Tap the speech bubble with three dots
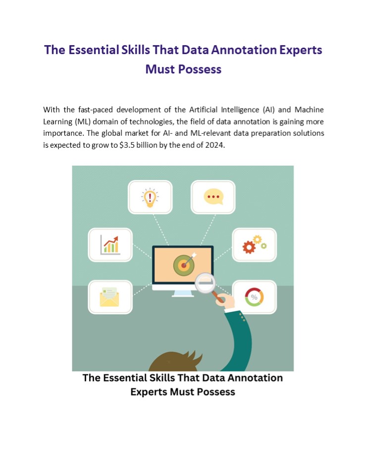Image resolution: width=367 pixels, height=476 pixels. click(213, 197)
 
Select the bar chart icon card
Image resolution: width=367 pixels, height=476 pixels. click(110, 244)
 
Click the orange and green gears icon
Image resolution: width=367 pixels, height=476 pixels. click(254, 244)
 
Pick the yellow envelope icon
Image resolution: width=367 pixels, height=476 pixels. click(110, 297)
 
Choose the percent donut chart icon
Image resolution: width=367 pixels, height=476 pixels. click(254, 297)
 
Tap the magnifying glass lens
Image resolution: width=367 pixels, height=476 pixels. click(205, 283)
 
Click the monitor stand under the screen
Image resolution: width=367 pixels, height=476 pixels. click(183, 293)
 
